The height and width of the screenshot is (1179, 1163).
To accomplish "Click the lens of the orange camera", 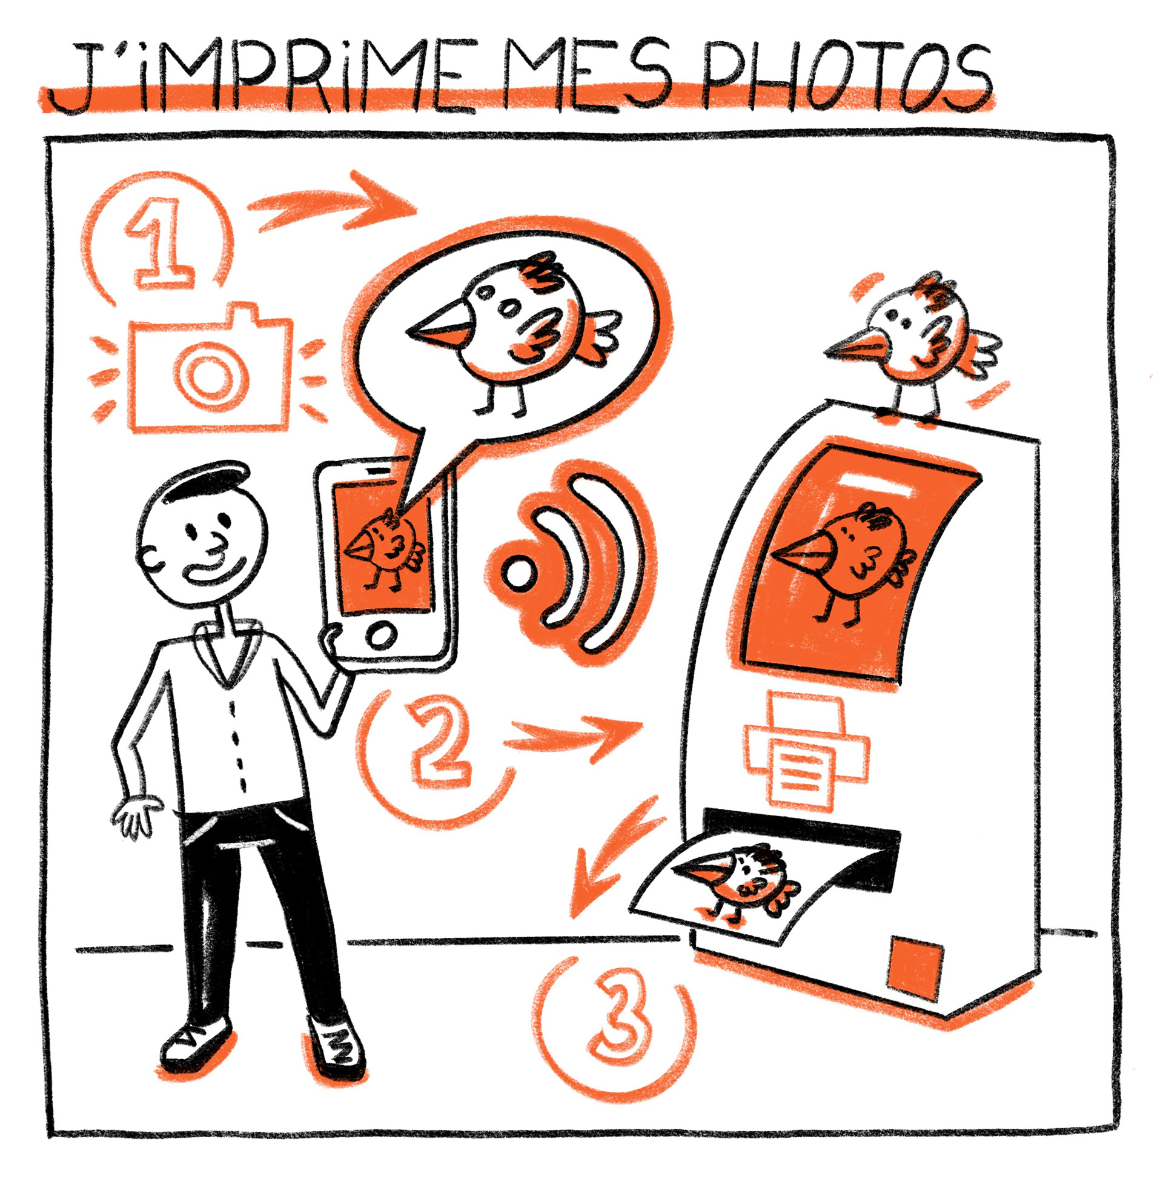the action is coord(211,371).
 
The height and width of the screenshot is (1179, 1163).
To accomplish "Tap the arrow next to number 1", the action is coord(333,201).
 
